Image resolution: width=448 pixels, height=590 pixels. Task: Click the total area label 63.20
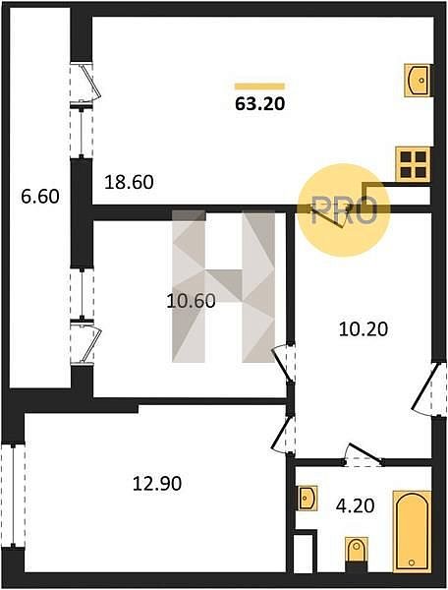[259, 104]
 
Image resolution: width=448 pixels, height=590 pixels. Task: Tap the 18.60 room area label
[129, 183]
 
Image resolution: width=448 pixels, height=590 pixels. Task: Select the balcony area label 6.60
[40, 197]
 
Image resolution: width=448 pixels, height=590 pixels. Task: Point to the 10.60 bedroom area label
[191, 301]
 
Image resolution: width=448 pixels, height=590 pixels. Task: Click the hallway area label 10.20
[364, 329]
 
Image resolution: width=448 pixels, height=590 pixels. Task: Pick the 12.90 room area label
[157, 484]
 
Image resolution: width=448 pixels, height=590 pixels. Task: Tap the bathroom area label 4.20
[356, 506]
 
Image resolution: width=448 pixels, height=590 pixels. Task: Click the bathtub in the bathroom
[412, 531]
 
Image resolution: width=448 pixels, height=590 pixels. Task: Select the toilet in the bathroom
[357, 550]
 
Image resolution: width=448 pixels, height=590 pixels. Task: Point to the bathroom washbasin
[308, 499]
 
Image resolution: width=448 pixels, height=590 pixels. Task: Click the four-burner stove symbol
[413, 165]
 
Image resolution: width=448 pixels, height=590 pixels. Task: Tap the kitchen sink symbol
[418, 81]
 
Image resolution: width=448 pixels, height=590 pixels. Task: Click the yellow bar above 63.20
[259, 87]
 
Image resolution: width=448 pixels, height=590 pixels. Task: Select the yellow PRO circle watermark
[344, 210]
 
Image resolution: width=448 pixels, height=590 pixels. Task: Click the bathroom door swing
[364, 453]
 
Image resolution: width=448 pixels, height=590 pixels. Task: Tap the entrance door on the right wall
[428, 389]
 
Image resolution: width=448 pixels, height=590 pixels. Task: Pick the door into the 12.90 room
[284, 434]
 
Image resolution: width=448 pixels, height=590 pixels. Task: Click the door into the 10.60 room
[284, 363]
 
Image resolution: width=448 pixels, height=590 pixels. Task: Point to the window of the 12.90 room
[13, 496]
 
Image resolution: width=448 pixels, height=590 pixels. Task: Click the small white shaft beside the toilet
[303, 553]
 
